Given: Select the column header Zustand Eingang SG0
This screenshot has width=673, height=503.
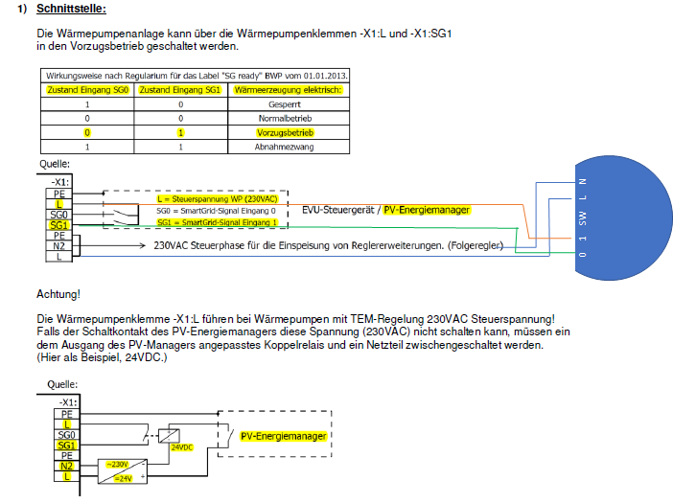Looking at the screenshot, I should click(87, 89).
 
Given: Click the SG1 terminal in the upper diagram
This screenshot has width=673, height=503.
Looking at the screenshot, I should click(59, 224).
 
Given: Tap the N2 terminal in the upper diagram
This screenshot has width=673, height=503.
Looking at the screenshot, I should click(59, 245).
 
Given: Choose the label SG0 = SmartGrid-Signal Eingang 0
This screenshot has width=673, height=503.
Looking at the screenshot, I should click(216, 211).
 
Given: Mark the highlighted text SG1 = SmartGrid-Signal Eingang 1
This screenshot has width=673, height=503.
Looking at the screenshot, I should click(216, 222).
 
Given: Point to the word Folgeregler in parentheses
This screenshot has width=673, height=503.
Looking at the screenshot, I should click(474, 246).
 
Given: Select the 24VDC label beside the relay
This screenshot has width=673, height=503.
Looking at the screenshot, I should click(181, 446).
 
